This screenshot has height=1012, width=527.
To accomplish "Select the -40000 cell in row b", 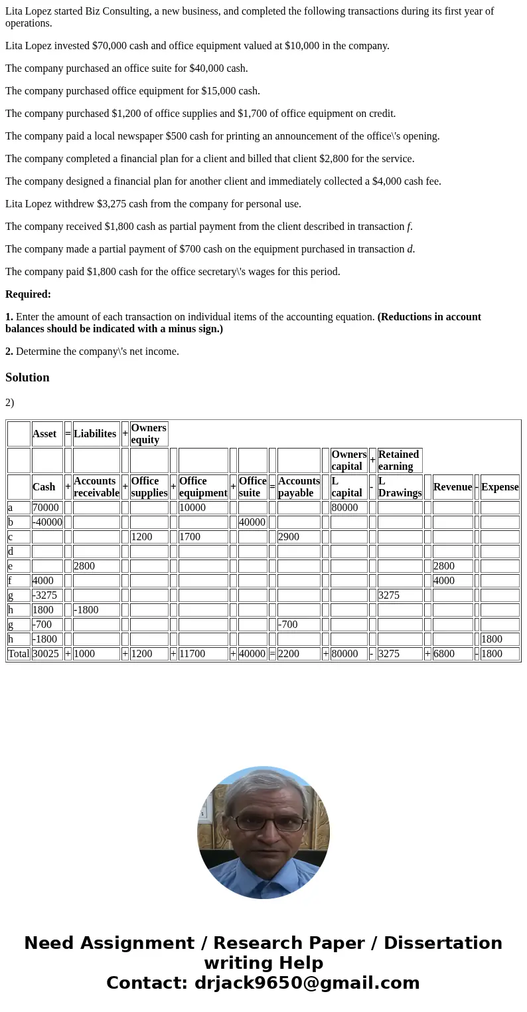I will coord(47,522).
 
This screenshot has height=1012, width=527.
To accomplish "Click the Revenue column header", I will coord(453,487).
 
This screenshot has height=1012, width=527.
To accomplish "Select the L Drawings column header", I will coord(400,487).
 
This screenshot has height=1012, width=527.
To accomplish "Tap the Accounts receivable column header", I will coord(96,487).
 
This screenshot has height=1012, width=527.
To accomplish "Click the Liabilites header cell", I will coord(96,434).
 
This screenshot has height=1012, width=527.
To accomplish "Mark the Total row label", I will coord(19,654).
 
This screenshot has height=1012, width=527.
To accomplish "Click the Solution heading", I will coord(27,377).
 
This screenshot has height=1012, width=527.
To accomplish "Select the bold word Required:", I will coord(28,294).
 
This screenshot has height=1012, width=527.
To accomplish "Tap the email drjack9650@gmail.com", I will coord(307,983).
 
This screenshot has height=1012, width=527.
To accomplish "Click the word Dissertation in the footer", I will coord(443,944).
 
